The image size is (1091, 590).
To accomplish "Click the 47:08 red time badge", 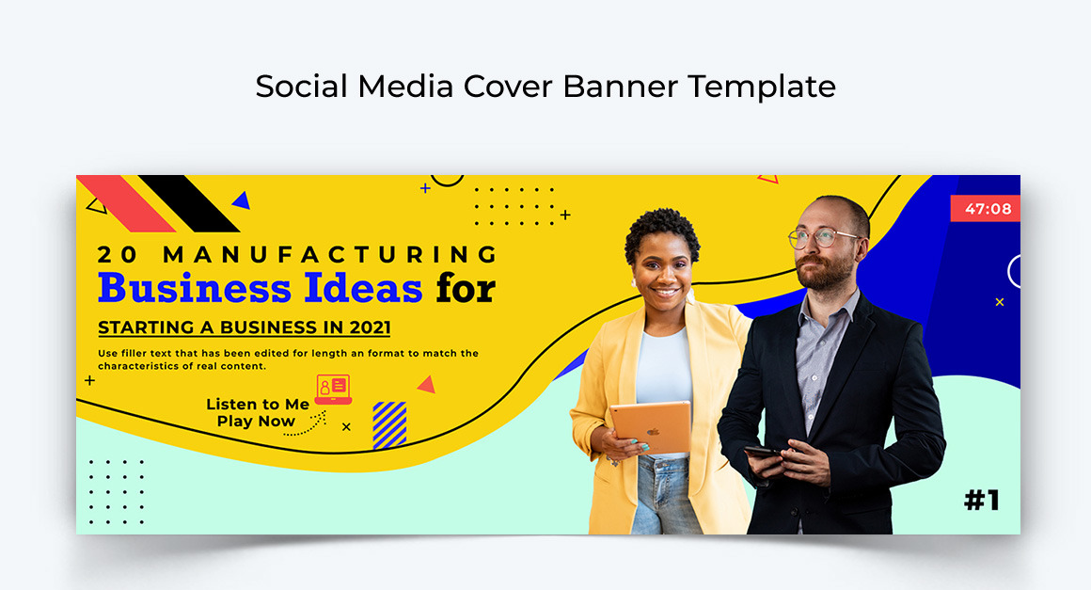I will click(986, 208).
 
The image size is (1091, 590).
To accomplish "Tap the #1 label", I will click(981, 500).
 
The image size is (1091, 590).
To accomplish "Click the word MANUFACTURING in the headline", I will click(330, 254).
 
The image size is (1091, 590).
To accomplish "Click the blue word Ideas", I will click(362, 288).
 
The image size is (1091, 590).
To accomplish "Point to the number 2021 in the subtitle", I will click(370, 327).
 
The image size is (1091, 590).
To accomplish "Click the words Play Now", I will click(256, 422).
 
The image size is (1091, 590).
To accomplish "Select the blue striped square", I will click(389, 424).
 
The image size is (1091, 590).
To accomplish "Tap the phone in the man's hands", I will click(763, 453).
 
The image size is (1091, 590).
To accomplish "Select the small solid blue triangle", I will click(242, 199).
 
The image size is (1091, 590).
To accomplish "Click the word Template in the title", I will click(762, 87).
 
